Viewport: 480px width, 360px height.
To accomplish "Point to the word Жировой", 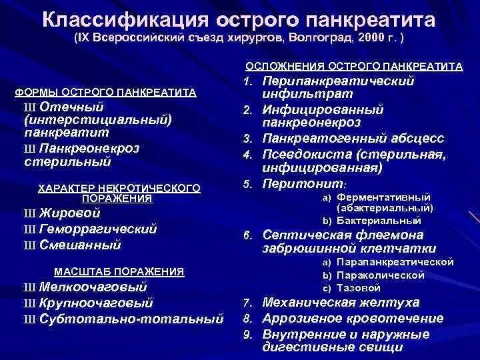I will [69, 213].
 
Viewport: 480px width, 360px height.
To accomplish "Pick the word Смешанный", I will [80, 245].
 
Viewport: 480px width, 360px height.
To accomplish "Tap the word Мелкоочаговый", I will [93, 287].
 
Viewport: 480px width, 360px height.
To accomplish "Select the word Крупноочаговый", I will [96, 303].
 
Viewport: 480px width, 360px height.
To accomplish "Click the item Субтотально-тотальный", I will [131, 319].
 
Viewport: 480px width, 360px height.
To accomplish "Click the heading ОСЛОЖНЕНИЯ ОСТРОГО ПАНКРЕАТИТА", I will [354, 67].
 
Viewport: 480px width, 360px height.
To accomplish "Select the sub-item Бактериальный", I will [379, 220].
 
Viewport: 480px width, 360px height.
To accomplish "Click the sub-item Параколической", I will [381, 275].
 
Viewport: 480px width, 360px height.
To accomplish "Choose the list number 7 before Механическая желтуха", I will [246, 303].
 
